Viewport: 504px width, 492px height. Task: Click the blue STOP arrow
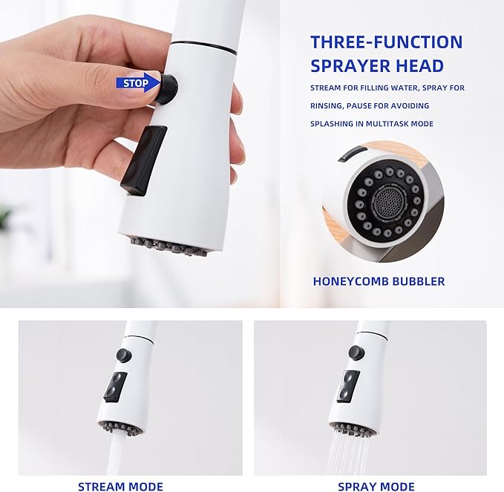click(x=137, y=83)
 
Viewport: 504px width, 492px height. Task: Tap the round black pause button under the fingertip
click(x=167, y=89)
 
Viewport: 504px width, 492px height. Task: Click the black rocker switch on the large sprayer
click(x=143, y=161)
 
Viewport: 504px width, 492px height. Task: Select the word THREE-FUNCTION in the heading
click(x=387, y=42)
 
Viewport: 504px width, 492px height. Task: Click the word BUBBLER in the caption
click(x=419, y=281)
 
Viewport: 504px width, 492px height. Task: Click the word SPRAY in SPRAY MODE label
click(x=356, y=486)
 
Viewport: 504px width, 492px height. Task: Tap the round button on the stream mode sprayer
click(x=124, y=355)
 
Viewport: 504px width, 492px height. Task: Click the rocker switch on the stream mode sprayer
click(x=115, y=387)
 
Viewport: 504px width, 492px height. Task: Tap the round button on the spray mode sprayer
click(x=356, y=352)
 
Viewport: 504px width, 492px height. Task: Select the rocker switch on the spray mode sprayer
click(x=348, y=386)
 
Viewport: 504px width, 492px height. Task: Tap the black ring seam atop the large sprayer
click(x=204, y=47)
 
